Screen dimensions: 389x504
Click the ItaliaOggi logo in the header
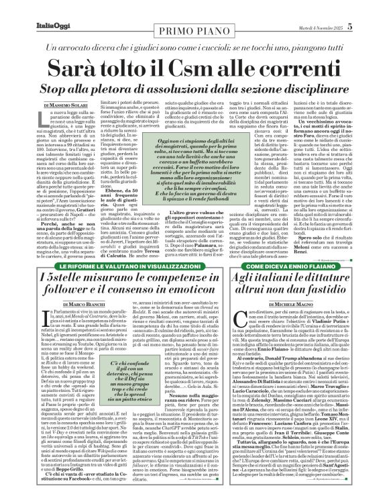[x=33, y=9]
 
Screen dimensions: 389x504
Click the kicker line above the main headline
[x=194, y=30]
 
